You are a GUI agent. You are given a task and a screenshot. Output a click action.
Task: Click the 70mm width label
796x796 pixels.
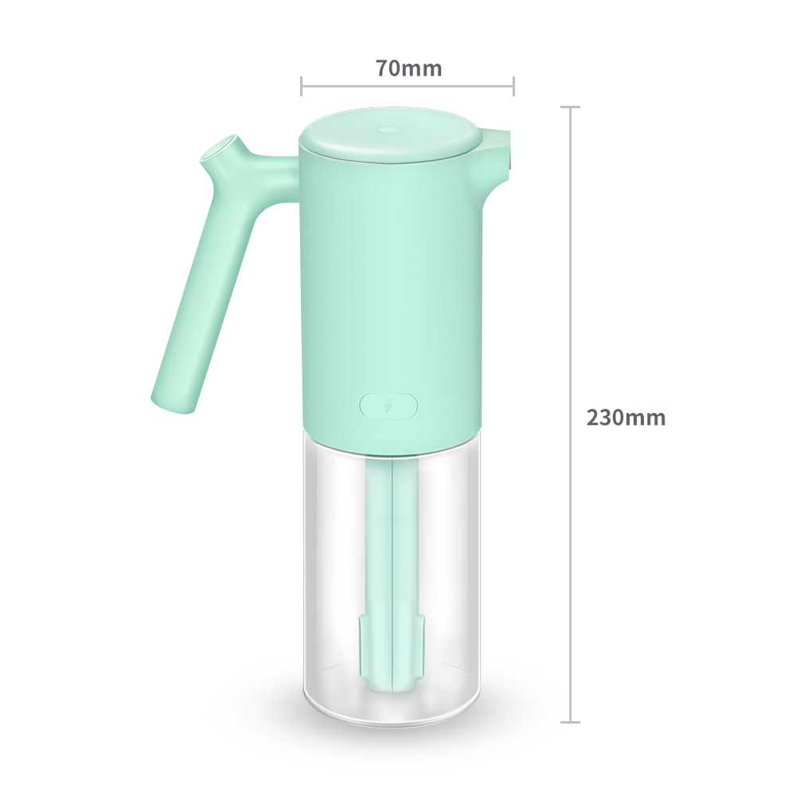(408, 68)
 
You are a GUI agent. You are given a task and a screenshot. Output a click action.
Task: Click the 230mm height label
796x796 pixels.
(626, 417)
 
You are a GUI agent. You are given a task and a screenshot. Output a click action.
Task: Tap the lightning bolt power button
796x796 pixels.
(388, 406)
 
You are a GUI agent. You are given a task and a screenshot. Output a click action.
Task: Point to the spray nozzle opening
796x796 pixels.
(220, 148)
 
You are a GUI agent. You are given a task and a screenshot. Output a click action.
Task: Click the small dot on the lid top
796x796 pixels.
(389, 128)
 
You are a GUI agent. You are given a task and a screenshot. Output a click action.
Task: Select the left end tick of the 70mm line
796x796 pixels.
(302, 86)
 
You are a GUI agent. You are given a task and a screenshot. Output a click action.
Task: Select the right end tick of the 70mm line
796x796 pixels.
(513, 86)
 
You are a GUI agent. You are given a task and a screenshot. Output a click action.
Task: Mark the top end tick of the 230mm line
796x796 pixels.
(570, 107)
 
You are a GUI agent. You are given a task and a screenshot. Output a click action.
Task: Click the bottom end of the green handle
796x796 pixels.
(173, 402)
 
